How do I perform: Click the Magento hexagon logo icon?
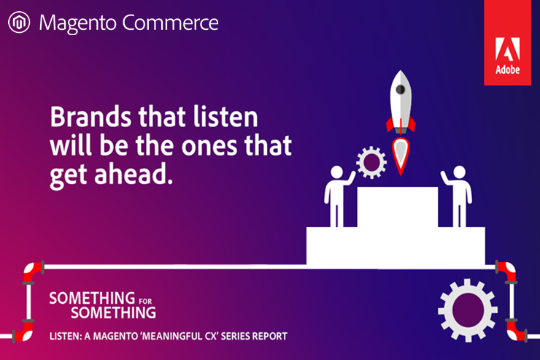point(19,23)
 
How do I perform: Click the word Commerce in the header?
point(171,23)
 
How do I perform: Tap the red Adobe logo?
point(507,42)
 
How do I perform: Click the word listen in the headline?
point(225,117)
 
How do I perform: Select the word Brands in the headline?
point(90,117)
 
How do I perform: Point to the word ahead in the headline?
point(134,174)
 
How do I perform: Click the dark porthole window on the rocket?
point(400,90)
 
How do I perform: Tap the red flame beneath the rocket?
point(401,156)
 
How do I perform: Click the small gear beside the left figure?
point(371,162)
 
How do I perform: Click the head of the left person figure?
point(337,172)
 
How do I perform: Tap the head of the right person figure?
point(460,172)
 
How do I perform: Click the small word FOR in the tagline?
point(145,302)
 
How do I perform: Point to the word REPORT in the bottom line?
point(270,336)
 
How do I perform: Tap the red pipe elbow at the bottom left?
point(23,332)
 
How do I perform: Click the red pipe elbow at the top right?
point(506,271)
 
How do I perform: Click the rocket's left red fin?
point(390,124)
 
